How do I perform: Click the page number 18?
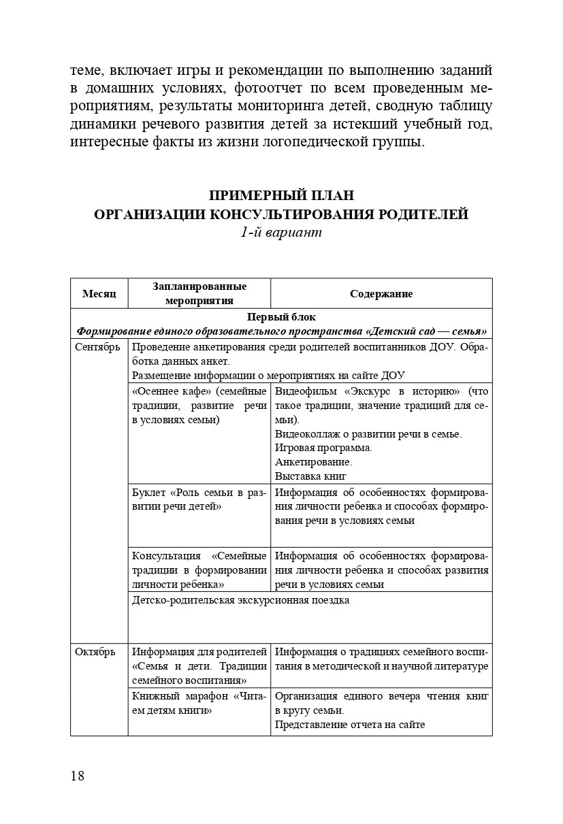point(78,776)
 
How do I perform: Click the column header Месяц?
point(99,294)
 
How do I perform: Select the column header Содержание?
point(381,294)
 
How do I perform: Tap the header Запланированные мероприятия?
point(199,293)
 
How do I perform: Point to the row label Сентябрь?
point(99,348)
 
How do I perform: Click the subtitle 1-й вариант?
point(281,232)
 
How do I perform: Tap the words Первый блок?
point(281,317)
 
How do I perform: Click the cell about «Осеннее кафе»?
point(199,406)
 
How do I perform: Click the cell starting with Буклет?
point(199,499)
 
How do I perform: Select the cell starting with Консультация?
point(199,570)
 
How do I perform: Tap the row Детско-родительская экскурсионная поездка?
point(240,600)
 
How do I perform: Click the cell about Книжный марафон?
point(199,703)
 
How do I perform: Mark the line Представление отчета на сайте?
point(350,725)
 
